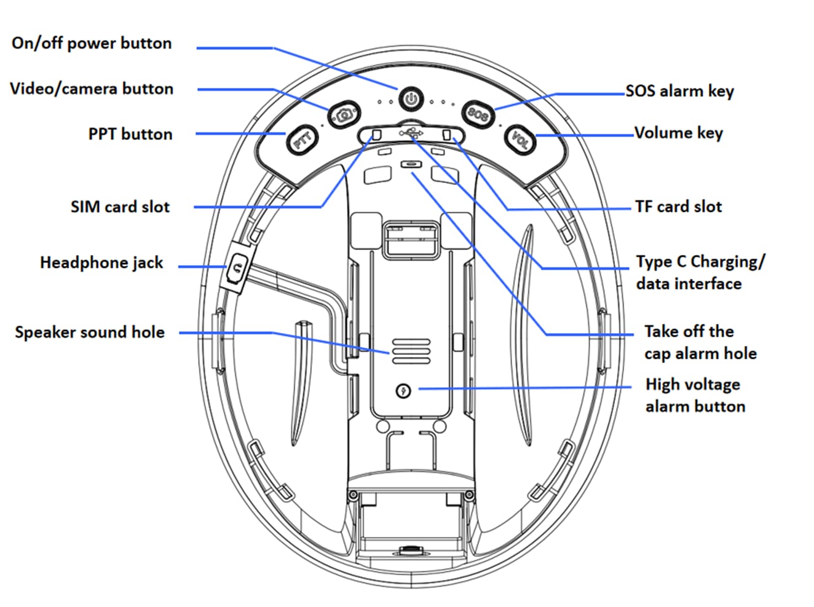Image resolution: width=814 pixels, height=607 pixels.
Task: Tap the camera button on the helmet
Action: click(344, 114)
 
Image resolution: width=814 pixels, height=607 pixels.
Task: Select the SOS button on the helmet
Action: click(478, 114)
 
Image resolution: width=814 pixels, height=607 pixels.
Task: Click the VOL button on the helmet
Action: click(520, 140)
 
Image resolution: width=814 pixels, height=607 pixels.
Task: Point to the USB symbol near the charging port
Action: click(411, 133)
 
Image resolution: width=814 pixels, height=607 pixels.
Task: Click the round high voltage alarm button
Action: click(403, 390)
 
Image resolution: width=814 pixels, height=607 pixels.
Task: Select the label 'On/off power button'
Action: click(92, 44)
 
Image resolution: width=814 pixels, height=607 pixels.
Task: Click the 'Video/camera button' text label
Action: click(92, 89)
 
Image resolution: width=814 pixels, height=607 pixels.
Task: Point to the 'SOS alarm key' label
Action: click(679, 92)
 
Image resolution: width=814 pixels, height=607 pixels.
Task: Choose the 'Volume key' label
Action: click(678, 133)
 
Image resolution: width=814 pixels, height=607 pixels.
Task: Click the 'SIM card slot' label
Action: click(120, 207)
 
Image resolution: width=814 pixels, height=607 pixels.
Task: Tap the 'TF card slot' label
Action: click(678, 207)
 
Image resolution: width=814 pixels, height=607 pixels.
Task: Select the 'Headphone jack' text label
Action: click(101, 263)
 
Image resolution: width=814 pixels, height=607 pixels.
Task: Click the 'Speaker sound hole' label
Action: click(90, 332)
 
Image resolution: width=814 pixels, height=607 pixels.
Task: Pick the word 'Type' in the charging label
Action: click(654, 262)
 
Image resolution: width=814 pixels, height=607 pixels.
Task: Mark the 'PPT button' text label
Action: click(130, 134)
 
